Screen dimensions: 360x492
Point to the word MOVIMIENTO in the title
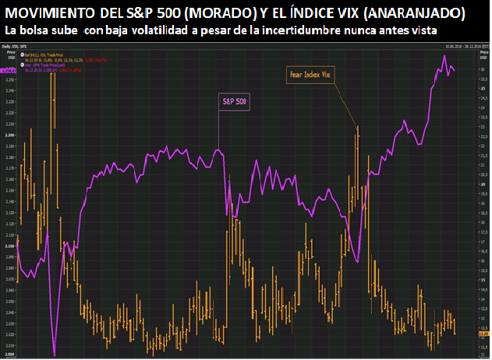[x=55, y=13]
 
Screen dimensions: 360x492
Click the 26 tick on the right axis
[x=482, y=70]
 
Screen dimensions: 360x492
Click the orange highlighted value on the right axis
[x=483, y=334]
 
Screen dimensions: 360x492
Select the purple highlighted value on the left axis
[x=9, y=70]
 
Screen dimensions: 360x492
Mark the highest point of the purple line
[x=444, y=56]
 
